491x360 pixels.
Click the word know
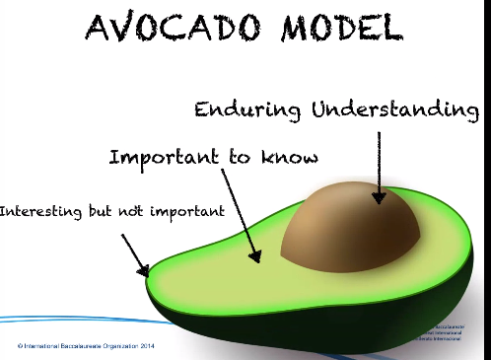pyautogui.click(x=292, y=157)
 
